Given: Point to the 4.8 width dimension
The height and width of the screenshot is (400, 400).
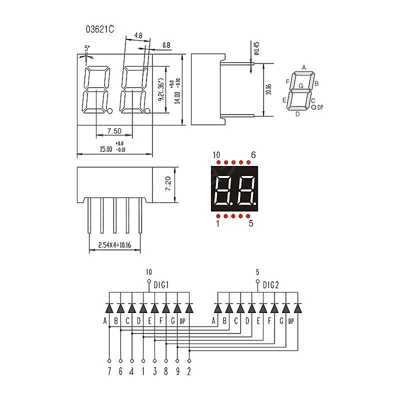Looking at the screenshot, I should coord(138,35).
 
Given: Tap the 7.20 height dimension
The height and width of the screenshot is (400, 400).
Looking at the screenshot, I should coord(168,185).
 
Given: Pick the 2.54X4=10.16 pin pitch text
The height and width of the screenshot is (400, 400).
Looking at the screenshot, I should coord(114,245).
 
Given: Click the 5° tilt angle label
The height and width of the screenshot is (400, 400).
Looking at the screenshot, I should coord(87,48).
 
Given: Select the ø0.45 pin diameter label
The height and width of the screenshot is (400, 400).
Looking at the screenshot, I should coord(256,48).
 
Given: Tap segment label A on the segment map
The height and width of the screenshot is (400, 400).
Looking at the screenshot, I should coord(303,67).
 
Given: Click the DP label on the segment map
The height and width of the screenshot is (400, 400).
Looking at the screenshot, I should coord(320,107).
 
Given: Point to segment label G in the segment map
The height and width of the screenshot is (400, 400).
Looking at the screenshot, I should coord(301,86).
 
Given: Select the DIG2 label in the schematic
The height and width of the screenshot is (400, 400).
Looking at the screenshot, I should coord(270,285).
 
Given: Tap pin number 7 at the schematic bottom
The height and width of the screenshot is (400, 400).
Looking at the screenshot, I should coord(109,371).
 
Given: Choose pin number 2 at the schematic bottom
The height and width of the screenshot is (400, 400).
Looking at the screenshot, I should coord(189,371).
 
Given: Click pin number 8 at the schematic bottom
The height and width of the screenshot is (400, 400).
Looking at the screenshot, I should coord(166,371).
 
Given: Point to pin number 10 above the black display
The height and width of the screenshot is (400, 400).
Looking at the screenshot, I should coord(216,155).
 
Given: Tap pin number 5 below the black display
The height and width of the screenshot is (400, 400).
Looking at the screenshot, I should coord(251,223).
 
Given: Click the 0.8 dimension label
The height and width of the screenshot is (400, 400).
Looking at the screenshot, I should coord(166,45).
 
